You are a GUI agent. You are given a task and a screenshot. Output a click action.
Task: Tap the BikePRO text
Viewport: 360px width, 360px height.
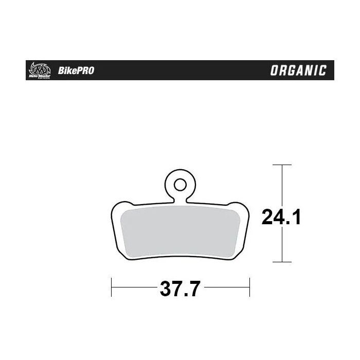[78, 71]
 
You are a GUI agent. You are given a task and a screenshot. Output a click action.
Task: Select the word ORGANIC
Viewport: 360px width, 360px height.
[299, 70]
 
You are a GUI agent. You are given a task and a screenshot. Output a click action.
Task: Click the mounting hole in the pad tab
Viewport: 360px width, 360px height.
[179, 184]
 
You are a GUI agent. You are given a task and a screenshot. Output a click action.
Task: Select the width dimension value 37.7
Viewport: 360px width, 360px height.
[179, 290]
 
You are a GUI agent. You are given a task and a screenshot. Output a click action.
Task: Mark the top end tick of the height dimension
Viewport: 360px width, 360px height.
[281, 165]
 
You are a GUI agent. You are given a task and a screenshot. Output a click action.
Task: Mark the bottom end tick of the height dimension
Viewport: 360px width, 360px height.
[281, 262]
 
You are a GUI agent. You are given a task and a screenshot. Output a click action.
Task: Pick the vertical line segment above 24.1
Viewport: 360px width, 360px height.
[281, 183]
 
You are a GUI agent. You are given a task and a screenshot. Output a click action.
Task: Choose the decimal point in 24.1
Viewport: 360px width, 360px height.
[290, 224]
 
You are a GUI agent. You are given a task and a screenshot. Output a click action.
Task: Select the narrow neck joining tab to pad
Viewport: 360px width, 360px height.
[179, 198]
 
